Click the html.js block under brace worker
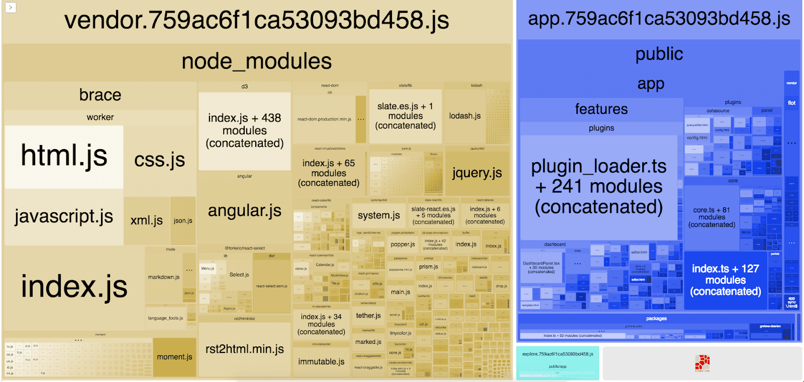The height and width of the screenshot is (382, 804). click(x=64, y=157)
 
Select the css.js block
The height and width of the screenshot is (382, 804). click(x=159, y=160)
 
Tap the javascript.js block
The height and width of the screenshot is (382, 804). click(x=64, y=217)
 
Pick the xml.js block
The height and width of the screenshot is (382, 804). click(x=146, y=221)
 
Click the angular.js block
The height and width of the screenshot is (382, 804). click(x=245, y=211)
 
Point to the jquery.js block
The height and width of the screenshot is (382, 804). click(x=477, y=173)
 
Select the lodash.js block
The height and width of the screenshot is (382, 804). click(x=465, y=116)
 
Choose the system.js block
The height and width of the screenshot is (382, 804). click(x=379, y=215)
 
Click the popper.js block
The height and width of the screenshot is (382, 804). click(x=403, y=244)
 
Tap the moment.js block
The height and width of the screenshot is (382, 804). click(x=174, y=357)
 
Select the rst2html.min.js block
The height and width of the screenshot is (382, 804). click(x=245, y=349)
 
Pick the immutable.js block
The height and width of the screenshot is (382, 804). click(x=321, y=361)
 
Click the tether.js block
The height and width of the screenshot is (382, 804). click(x=368, y=316)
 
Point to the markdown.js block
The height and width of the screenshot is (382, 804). click(x=163, y=277)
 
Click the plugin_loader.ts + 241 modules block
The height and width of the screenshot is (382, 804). click(x=598, y=187)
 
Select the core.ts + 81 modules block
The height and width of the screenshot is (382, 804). click(x=712, y=217)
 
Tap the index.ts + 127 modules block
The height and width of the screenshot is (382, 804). click(x=725, y=280)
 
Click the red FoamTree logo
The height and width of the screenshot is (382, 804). click(x=702, y=362)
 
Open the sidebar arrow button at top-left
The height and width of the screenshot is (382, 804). click(x=10, y=8)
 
